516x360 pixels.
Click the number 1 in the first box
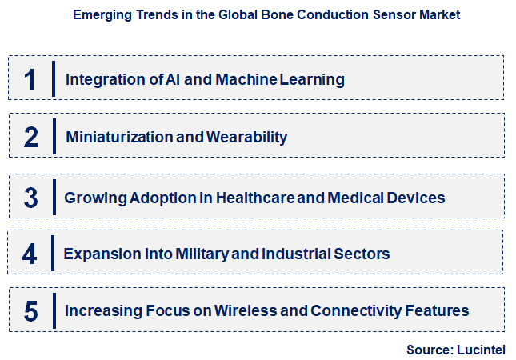tap(30, 79)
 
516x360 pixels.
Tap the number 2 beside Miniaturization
tap(31, 137)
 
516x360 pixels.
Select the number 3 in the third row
tap(31, 197)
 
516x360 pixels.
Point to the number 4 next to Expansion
tap(30, 254)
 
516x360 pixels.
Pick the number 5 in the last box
tap(31, 310)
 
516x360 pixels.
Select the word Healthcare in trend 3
tap(250, 197)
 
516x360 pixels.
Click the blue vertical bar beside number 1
tap(54, 78)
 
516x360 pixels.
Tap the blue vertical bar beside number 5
tap(54, 310)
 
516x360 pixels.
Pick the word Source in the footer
tap(430, 350)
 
